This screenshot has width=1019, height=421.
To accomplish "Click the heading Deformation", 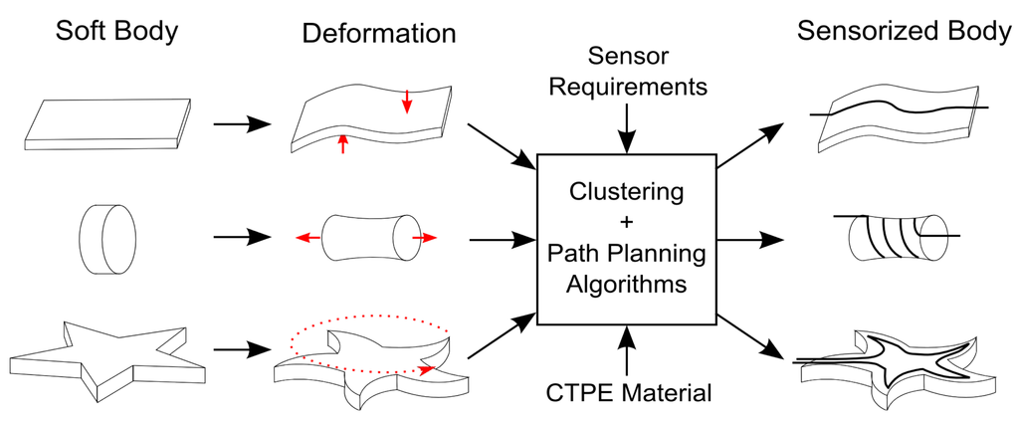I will pos(378,33).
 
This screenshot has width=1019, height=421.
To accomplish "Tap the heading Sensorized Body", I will pos(904,31).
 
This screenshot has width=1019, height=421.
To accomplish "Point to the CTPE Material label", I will pos(627,393).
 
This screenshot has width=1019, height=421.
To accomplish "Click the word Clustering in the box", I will pos(626,190).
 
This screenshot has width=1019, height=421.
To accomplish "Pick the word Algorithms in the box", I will pos(626,284).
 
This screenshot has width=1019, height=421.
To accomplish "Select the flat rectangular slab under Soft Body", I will pos(106,123).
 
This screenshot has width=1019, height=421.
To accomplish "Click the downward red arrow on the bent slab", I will pos(406,101).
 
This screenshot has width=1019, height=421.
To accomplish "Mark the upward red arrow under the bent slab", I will pos(343,143).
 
